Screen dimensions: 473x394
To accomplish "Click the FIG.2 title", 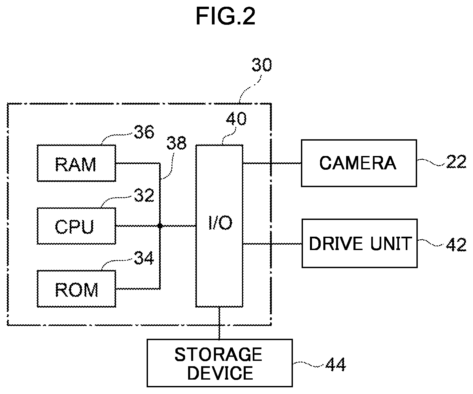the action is (226, 16).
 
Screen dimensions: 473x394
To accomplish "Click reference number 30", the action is (262, 65).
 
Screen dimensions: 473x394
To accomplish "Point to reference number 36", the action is (144, 132).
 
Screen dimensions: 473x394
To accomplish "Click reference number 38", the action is (176, 143).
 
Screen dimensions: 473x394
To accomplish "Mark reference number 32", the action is (144, 195).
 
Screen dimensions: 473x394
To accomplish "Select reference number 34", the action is (144, 258).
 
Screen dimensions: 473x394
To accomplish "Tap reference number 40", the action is (236, 119).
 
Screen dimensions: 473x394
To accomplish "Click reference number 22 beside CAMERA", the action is (456, 162).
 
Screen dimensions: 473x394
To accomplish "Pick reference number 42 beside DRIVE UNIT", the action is (456, 245).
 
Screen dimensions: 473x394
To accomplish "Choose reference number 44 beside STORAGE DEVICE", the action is (336, 364).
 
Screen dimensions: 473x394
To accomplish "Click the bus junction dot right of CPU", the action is (160, 226).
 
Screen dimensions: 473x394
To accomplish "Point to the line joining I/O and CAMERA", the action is (272, 163).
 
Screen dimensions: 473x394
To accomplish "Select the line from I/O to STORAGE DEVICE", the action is (219, 323).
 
